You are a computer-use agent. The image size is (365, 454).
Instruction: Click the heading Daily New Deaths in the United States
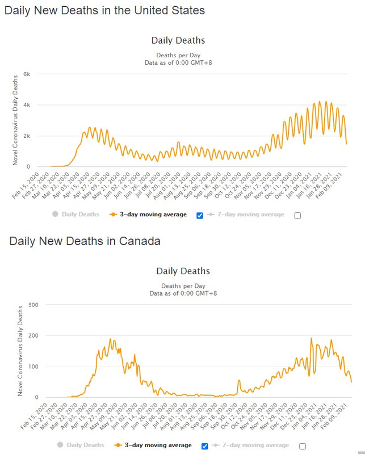point(104,10)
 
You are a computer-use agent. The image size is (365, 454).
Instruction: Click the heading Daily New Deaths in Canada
point(85,241)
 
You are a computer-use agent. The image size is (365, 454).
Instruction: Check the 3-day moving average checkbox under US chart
point(199,215)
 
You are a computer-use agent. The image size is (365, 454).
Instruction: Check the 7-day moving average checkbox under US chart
point(297,215)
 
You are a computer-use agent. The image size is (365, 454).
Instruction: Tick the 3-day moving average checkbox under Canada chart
point(205,446)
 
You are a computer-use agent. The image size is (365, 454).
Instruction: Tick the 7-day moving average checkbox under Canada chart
point(303,446)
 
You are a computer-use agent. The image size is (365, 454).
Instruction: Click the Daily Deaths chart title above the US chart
point(178,40)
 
